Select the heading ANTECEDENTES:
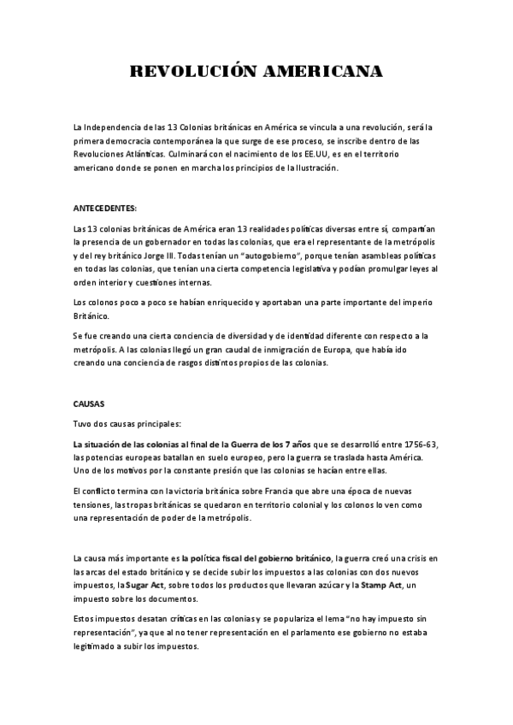coord(105,208)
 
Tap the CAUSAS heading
coord(89,403)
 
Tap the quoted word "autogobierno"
coord(263,256)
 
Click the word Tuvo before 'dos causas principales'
coord(85,424)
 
